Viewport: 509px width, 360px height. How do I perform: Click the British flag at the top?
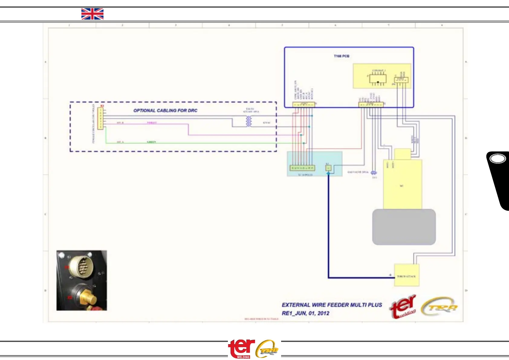[92, 14]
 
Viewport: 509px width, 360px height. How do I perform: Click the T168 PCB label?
[342, 56]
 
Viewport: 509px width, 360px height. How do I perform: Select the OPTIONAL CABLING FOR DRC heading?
[165, 111]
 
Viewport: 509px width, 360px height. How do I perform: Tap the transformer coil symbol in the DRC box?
[249, 121]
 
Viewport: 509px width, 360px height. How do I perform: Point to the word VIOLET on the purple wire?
[152, 123]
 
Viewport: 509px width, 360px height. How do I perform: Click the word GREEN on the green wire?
[151, 142]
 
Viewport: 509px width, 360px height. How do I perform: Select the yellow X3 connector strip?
[101, 118]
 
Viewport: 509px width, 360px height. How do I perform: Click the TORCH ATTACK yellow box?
[407, 275]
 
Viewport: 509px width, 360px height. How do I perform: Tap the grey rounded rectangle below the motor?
[404, 227]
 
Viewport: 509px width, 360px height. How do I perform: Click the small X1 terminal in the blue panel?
[328, 168]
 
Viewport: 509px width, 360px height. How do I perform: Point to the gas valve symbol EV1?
[374, 173]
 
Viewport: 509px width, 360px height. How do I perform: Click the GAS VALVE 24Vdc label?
[358, 172]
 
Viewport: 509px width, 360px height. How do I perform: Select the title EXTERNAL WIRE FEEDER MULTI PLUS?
[332, 305]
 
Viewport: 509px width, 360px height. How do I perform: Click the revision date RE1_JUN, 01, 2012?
[306, 313]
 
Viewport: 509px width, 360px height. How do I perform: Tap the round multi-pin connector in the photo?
[82, 266]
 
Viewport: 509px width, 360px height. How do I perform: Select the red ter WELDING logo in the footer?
[241, 348]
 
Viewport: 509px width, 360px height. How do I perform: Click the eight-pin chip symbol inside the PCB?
[378, 79]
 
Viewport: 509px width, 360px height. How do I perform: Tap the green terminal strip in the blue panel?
[302, 168]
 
